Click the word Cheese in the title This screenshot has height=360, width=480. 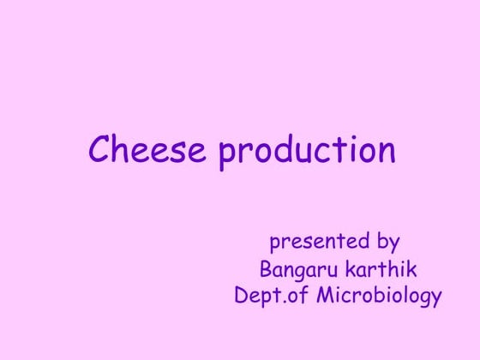[x=147, y=150]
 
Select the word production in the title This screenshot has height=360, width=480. [x=307, y=152]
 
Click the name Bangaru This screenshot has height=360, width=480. [x=300, y=271]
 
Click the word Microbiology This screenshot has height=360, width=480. [x=379, y=297]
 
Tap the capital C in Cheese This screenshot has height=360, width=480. [x=100, y=150]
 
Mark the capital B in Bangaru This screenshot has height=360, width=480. [x=266, y=269]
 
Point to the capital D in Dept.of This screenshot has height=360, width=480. [x=241, y=296]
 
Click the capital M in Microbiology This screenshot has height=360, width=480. [x=326, y=296]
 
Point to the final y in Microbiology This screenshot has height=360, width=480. [x=436, y=300]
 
